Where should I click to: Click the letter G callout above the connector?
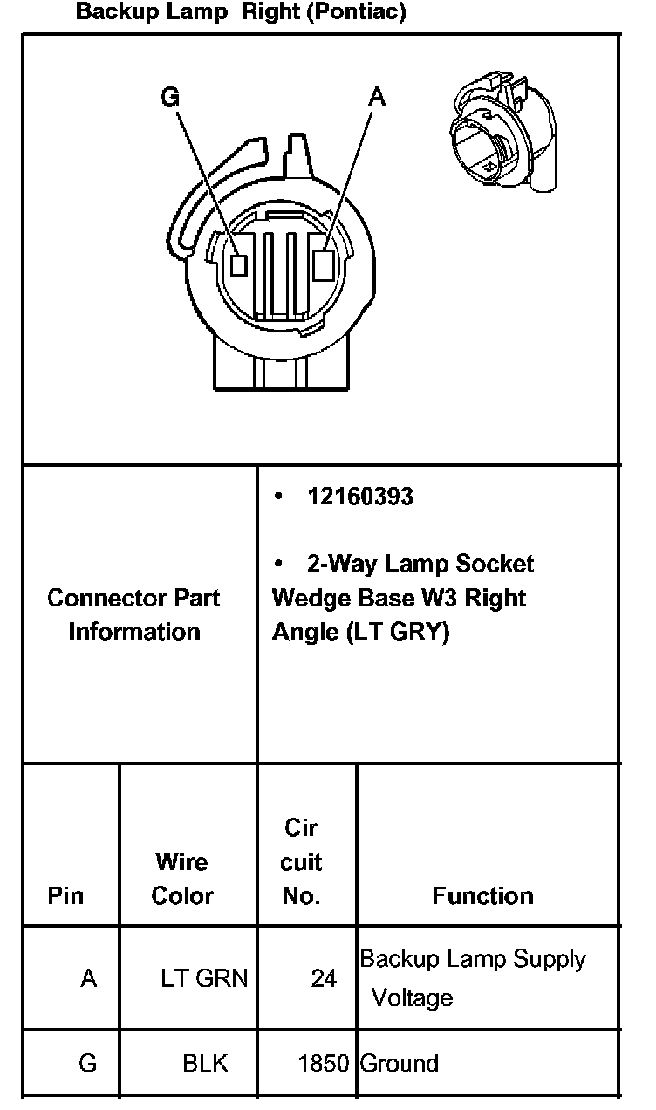[x=170, y=96]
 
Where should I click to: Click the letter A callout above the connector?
[x=377, y=97]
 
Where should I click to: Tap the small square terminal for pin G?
[x=239, y=264]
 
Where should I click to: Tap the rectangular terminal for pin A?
[x=324, y=265]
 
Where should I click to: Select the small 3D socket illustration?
[x=502, y=131]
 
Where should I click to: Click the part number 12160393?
[x=360, y=497]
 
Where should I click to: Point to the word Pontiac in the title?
[x=356, y=11]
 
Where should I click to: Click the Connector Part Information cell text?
[x=133, y=614]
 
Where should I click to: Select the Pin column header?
[x=65, y=895]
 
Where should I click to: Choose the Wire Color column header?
[x=182, y=879]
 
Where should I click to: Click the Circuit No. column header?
[x=301, y=862]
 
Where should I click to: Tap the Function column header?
[x=482, y=895]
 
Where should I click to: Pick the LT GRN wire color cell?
[x=204, y=978]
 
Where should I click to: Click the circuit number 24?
[x=324, y=978]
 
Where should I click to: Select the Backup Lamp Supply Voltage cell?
[x=473, y=978]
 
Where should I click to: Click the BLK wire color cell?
[x=205, y=1064]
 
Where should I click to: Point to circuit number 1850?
[x=324, y=1064]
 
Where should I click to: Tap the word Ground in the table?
[x=400, y=1064]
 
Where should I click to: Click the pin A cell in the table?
[x=88, y=978]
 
